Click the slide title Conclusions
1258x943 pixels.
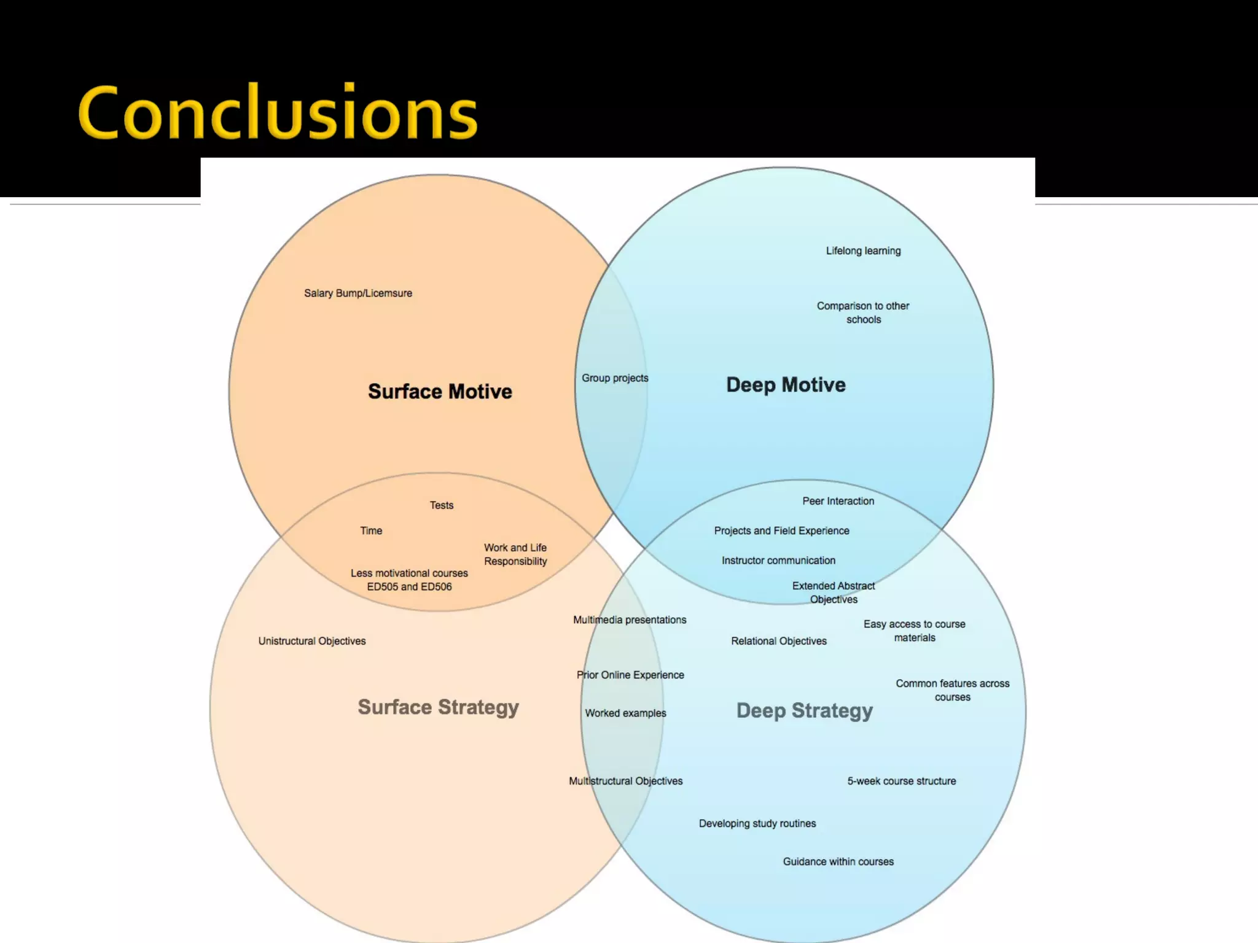point(278,114)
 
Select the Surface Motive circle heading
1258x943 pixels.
point(440,392)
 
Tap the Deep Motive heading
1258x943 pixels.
point(786,385)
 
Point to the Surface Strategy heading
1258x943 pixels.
point(438,707)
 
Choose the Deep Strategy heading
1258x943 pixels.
point(804,711)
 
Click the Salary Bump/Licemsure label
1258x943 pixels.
point(358,293)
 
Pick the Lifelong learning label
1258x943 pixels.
point(863,250)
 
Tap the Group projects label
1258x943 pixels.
point(615,378)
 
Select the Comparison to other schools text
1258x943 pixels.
point(863,312)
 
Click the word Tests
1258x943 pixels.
point(442,505)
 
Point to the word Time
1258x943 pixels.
point(371,530)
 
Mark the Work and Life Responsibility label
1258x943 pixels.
point(515,554)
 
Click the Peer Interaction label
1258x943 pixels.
point(838,501)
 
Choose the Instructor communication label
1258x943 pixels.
point(778,561)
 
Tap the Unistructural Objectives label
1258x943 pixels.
point(312,641)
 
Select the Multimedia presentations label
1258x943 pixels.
point(630,620)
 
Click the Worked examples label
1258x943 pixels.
point(625,713)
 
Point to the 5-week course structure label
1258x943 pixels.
point(901,781)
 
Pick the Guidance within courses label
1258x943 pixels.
point(838,862)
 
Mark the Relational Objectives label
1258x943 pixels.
point(779,641)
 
